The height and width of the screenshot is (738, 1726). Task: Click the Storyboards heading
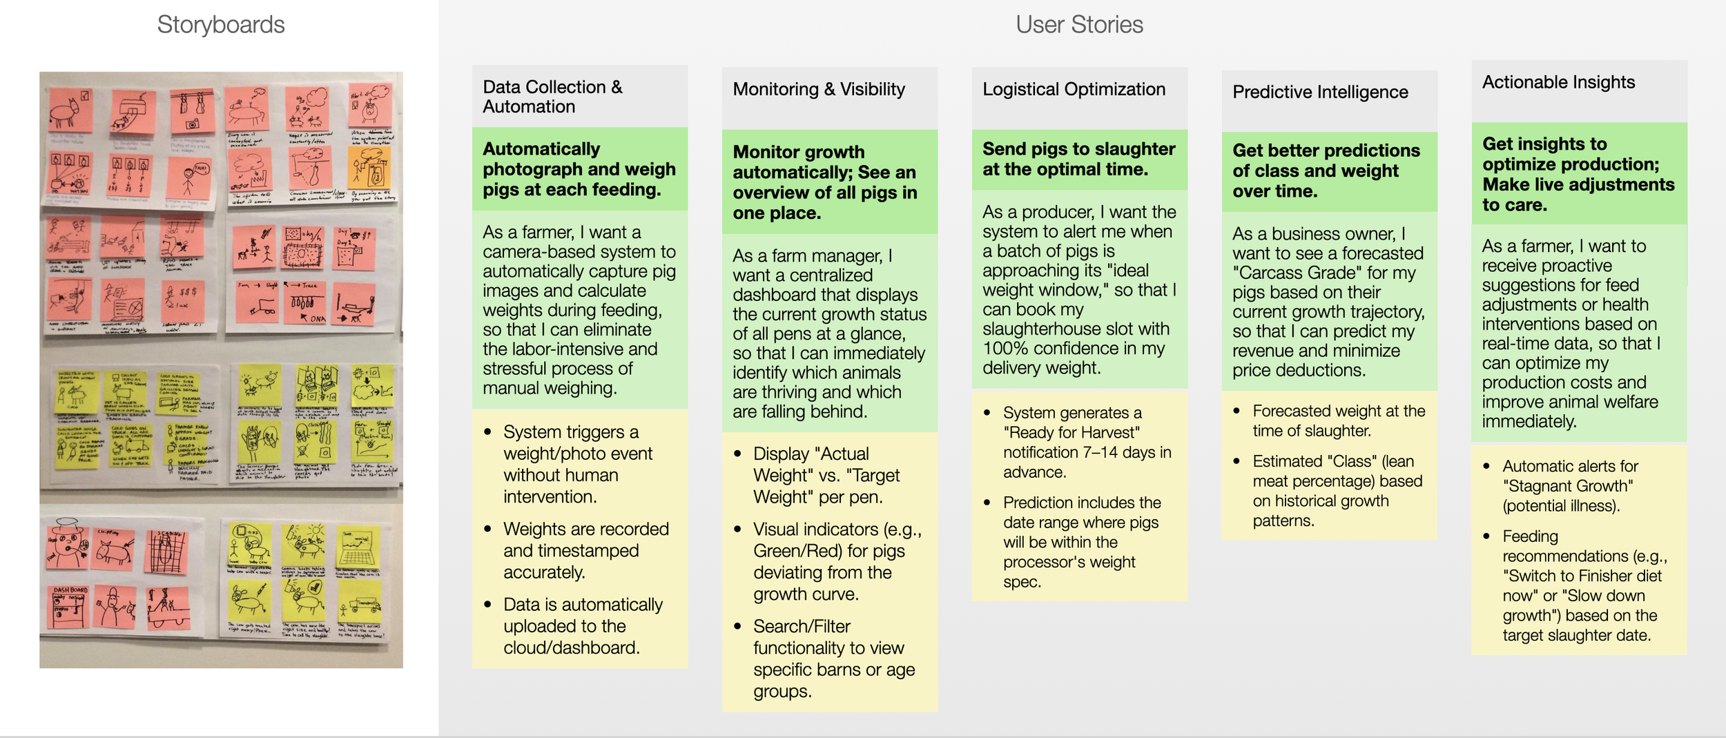click(x=221, y=25)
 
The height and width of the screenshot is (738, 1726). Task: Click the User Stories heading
click(x=1078, y=25)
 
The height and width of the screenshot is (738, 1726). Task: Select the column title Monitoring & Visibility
click(x=818, y=89)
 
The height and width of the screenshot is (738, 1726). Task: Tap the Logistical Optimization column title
click(x=1074, y=89)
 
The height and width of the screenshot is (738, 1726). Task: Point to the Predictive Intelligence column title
click(x=1319, y=92)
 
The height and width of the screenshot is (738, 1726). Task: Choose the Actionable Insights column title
click(x=1558, y=82)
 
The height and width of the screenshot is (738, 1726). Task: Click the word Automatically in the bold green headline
click(x=541, y=149)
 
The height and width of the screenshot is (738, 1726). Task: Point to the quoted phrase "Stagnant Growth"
click(x=1568, y=486)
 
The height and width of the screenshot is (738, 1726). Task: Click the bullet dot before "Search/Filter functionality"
click(x=737, y=626)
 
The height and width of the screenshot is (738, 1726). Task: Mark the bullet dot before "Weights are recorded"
click(x=487, y=529)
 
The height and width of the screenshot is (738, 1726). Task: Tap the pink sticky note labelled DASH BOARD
click(x=70, y=606)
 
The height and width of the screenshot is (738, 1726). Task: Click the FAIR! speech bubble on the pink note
click(x=201, y=168)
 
